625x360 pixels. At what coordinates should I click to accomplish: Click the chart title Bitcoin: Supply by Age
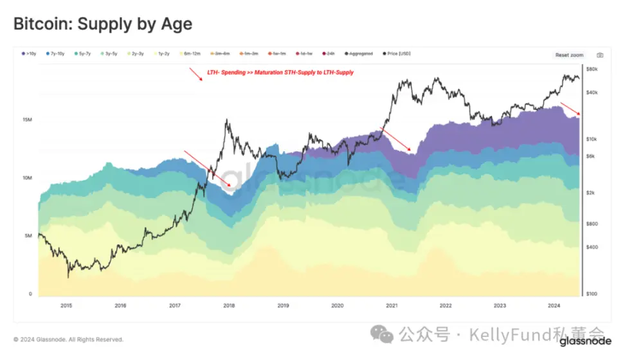pos(103,24)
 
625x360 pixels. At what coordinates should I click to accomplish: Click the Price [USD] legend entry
pos(396,54)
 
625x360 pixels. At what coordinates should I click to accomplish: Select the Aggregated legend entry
pos(361,54)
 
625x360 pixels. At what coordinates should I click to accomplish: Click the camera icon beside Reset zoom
pos(599,55)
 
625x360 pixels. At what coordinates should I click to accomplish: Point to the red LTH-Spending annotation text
pos(280,73)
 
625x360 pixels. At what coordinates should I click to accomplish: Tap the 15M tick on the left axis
pos(28,120)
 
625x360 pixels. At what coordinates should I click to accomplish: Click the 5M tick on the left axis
pos(28,236)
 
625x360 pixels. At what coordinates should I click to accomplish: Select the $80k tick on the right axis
pos(592,69)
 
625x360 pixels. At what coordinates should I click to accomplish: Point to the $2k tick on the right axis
pos(592,193)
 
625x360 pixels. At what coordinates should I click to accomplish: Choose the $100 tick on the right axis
pos(592,294)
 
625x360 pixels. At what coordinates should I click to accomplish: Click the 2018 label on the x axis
pos(230,306)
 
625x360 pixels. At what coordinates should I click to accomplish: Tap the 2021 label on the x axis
pos(391,306)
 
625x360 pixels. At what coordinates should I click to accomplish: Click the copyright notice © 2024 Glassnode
pos(68,339)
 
